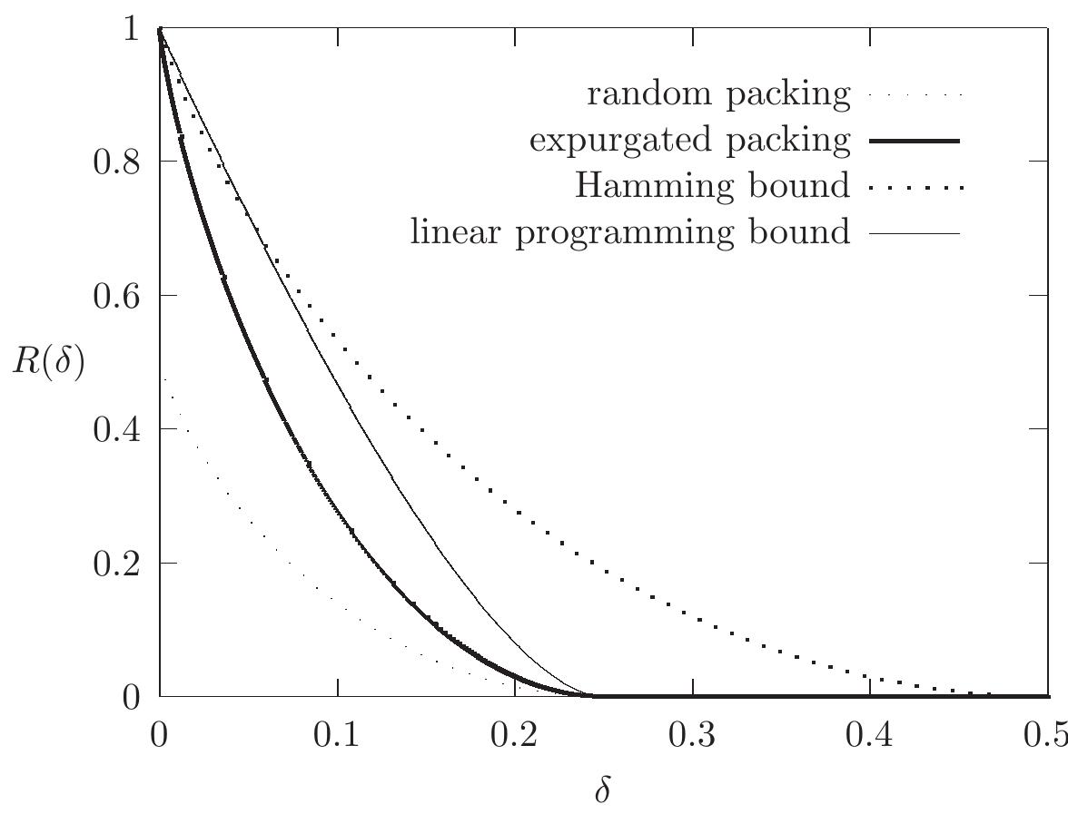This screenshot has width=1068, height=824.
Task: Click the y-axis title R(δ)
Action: point(47,362)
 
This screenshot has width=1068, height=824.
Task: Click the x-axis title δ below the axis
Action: point(602,791)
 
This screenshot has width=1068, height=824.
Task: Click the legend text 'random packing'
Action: point(719,93)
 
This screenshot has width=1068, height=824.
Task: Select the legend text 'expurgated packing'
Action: point(690,141)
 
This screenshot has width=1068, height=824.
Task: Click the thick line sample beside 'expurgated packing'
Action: point(914,141)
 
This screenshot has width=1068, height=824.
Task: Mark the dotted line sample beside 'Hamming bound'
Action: point(914,188)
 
